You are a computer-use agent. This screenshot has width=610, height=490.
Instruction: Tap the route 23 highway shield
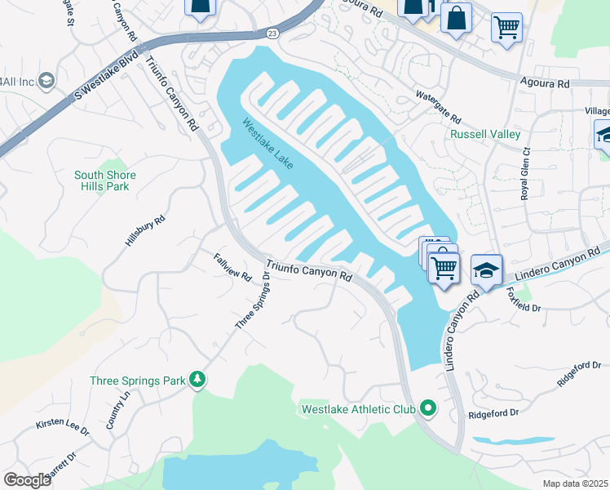coord(271,33)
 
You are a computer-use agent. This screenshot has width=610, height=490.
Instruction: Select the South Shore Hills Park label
coord(105,180)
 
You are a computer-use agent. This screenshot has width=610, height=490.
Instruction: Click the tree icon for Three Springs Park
coord(197,380)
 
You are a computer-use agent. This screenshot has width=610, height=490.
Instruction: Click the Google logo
coord(28,480)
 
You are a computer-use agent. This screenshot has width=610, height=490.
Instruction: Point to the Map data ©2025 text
coord(575,483)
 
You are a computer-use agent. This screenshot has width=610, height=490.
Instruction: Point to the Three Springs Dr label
coord(252,301)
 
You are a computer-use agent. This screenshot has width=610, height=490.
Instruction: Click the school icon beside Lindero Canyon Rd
coord(486,271)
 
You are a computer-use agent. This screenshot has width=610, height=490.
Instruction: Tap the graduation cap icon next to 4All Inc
coord(46,80)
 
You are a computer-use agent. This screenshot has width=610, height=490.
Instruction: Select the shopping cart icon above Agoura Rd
coord(506,27)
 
